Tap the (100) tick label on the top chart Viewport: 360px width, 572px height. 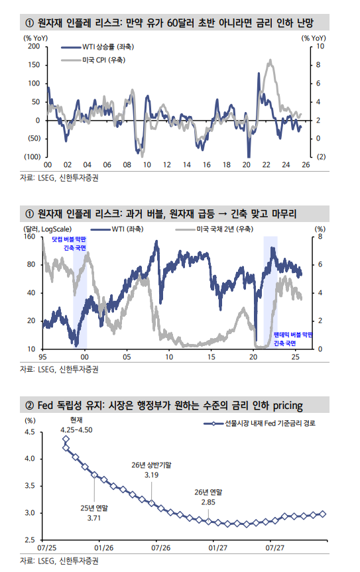(31, 156)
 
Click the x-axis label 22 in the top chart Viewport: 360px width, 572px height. (266, 165)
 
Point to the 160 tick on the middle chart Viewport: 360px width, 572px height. (29, 237)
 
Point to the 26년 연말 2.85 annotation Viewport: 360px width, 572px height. (208, 498)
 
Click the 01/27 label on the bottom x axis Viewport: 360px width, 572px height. (218, 548)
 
